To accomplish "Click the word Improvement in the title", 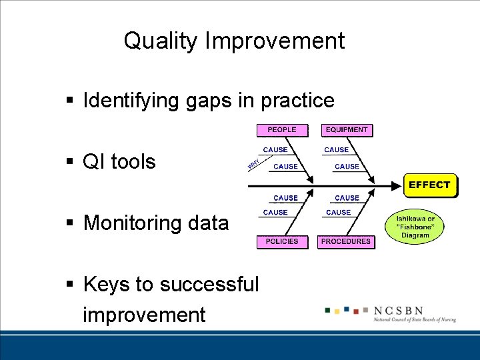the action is pos(275,41).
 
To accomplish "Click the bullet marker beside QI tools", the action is pos(69,161).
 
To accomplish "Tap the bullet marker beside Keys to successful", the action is pos(69,285).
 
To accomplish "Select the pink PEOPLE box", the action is pos(282,130).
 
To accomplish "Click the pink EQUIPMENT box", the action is pos(347,130).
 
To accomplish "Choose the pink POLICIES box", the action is pos(282,241).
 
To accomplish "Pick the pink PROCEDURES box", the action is pos(347,241).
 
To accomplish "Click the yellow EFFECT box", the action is pos(430,185).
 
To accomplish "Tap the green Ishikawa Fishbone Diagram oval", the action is pos(415,227).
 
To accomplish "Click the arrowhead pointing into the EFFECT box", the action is pos(398,185).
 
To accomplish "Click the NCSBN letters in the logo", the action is pos(397,311).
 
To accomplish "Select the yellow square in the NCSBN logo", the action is pos(337,311).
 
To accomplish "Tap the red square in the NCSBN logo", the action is pos(357,311).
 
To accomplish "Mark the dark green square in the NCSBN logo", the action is pos(327,309).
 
